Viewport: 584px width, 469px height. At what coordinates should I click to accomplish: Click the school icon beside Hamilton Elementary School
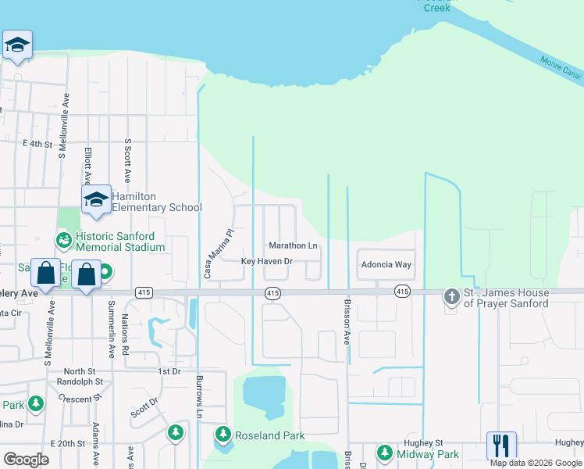pos(96,199)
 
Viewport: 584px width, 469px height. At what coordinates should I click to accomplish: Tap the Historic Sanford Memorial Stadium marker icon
pos(63,238)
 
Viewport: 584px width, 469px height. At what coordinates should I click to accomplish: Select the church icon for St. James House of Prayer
pos(451,296)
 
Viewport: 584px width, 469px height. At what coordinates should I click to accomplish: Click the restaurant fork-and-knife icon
pos(500,445)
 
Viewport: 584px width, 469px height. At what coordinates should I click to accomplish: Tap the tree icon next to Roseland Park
pos(223,433)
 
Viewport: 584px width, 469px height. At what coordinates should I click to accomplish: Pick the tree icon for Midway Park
pos(384,453)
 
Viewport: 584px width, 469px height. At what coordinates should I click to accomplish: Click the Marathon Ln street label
pos(293,246)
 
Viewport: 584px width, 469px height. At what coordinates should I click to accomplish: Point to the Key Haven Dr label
pos(266,261)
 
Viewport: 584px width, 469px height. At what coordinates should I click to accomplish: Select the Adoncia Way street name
pos(386,265)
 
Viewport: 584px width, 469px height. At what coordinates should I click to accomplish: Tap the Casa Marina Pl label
pos(208,254)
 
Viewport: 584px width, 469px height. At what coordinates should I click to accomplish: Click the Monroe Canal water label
pos(561,67)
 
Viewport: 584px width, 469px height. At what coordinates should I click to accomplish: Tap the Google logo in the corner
pos(26,460)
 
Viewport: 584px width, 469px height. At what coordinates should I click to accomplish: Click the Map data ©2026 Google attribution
pos(536,463)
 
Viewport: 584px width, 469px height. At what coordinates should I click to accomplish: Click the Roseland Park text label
pos(270,435)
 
